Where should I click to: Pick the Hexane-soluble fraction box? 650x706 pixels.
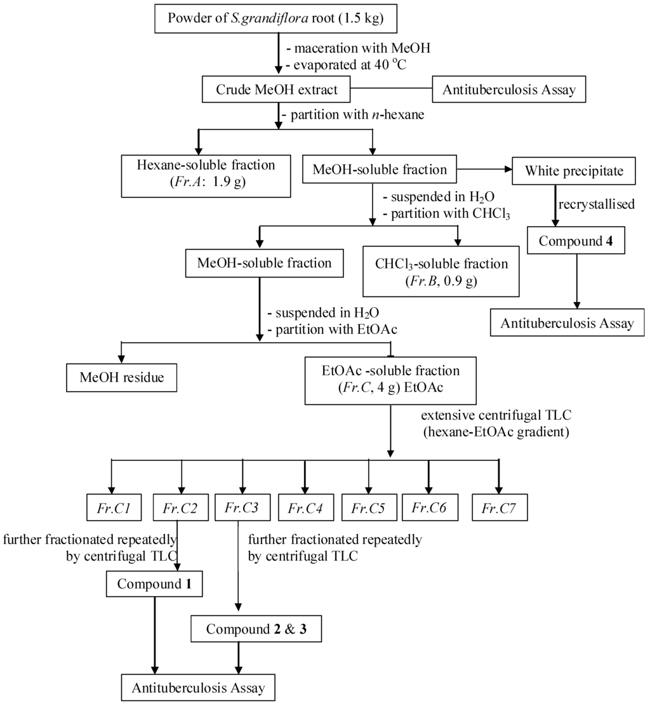(x=206, y=172)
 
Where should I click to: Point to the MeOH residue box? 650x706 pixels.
(x=122, y=378)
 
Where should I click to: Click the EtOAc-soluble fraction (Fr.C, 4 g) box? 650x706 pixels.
(x=390, y=380)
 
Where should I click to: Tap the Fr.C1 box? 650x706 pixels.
(x=112, y=509)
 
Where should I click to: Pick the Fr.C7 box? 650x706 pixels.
(x=500, y=509)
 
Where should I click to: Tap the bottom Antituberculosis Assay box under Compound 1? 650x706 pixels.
(x=198, y=688)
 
